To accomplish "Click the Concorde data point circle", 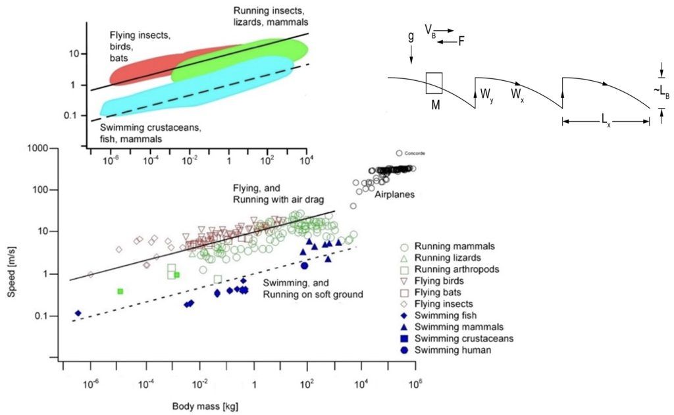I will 399,153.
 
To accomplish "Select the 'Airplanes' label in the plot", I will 395,196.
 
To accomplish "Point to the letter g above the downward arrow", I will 411,39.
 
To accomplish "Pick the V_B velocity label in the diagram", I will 430,30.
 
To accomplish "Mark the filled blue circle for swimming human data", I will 305,265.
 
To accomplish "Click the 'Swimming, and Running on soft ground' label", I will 313,289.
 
